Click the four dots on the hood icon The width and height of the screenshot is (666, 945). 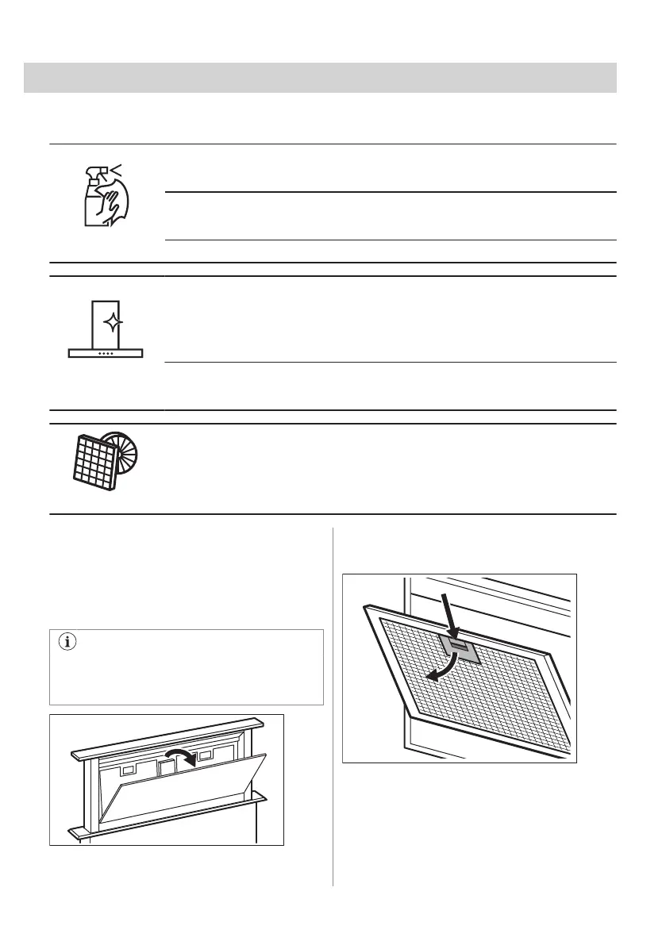[105, 353]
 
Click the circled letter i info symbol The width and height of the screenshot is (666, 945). [67, 643]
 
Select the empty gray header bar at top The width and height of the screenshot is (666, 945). [320, 78]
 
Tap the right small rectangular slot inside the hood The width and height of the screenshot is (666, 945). [208, 756]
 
